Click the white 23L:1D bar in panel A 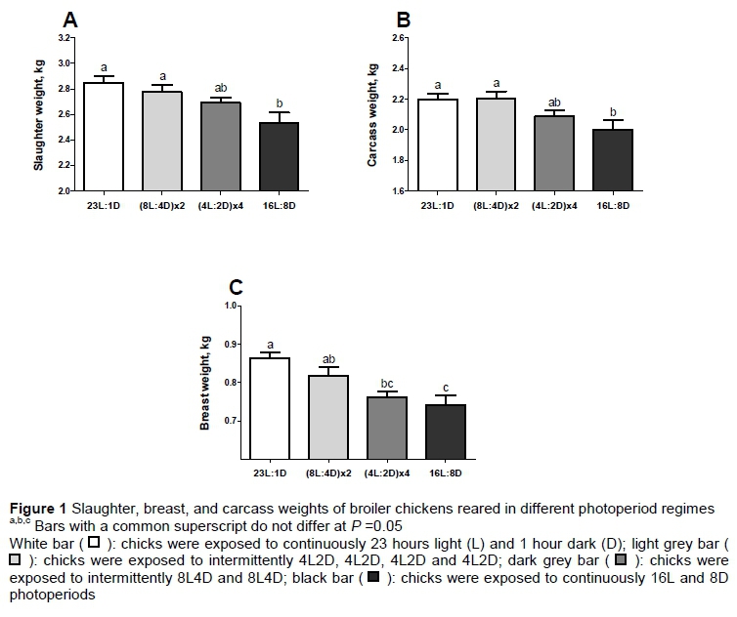click(103, 137)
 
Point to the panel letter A click(70, 20)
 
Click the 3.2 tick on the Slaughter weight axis click(65, 37)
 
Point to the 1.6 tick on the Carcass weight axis click(398, 190)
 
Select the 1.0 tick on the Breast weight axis click(232, 306)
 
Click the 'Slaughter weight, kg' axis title click(39, 113)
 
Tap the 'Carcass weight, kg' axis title click(372, 113)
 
